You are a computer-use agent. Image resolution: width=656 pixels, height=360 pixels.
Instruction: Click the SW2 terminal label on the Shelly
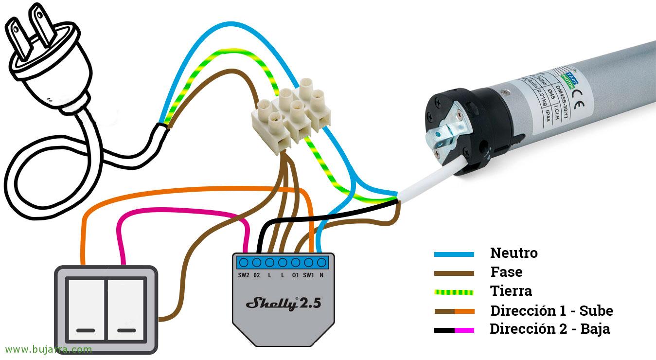pyautogui.click(x=244, y=275)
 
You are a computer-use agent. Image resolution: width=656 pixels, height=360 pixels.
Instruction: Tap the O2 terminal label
pyautogui.click(x=257, y=275)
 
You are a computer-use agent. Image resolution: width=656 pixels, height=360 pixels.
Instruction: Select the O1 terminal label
pyautogui.click(x=295, y=275)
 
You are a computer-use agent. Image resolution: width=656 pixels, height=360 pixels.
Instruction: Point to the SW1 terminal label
pyautogui.click(x=308, y=275)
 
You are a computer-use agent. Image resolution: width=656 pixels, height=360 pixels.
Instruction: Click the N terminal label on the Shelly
pyautogui.click(x=322, y=275)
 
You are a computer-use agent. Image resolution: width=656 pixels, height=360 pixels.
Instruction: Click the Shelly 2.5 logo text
pyautogui.click(x=283, y=304)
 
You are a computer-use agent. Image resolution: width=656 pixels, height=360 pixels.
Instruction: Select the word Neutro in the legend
pyautogui.click(x=514, y=253)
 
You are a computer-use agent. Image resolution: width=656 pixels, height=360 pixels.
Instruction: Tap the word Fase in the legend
pyautogui.click(x=506, y=272)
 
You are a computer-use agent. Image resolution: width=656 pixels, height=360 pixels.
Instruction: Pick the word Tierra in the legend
pyautogui.click(x=511, y=291)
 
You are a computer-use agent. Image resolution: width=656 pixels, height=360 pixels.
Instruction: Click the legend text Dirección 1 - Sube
pyautogui.click(x=551, y=310)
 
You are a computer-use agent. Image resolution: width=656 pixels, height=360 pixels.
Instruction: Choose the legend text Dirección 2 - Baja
pyautogui.click(x=550, y=329)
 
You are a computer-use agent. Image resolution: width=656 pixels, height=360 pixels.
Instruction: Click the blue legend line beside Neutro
pyautogui.click(x=454, y=254)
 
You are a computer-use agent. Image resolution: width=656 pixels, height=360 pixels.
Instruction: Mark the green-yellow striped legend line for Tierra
pyautogui.click(x=454, y=292)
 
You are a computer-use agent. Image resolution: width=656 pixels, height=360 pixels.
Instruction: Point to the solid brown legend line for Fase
pyautogui.click(x=454, y=273)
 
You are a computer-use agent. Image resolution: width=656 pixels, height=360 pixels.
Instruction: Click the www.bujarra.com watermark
pyautogui.click(x=48, y=349)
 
